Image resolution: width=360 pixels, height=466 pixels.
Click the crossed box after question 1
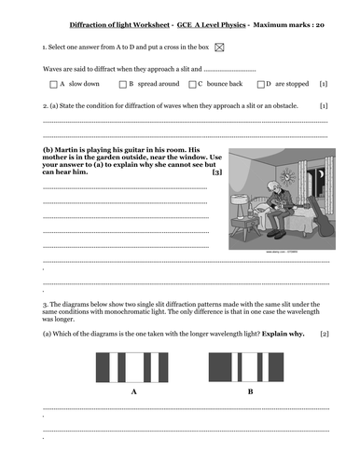219,46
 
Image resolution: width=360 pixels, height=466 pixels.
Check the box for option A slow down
52,84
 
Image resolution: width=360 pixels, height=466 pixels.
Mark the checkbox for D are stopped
260,84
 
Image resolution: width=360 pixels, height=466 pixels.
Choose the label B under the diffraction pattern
250,391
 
